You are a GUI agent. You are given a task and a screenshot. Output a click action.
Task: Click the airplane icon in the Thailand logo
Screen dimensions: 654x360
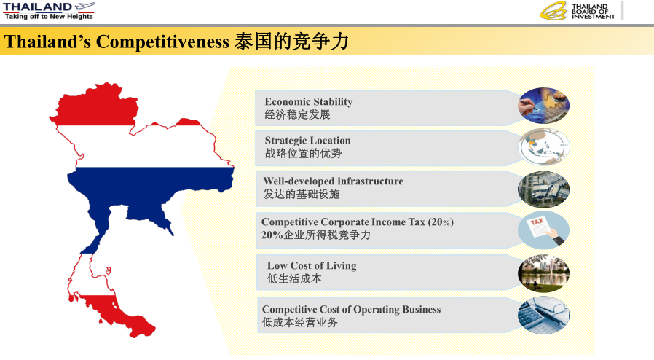(x=85, y=7)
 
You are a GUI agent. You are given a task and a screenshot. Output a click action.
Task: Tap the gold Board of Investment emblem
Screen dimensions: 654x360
(x=553, y=11)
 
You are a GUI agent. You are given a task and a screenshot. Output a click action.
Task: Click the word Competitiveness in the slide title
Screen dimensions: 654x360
(x=162, y=42)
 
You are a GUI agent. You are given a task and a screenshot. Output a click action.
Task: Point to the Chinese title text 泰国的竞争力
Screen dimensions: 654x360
(x=291, y=41)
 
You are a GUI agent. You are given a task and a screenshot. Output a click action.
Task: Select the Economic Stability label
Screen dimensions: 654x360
(x=309, y=102)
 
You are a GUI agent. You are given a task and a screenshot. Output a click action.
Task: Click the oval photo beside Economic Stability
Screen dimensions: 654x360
(x=543, y=106)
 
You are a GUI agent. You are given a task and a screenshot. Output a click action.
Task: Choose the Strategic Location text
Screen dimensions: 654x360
(x=307, y=141)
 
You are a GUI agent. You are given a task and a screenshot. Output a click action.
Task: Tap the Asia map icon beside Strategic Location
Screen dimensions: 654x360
(x=543, y=146)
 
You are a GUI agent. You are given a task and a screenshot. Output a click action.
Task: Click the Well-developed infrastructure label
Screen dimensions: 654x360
(x=333, y=181)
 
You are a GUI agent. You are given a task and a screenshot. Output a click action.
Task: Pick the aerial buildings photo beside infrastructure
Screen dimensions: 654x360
(x=543, y=189)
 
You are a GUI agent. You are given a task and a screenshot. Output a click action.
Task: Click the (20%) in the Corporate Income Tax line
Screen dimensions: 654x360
(x=441, y=222)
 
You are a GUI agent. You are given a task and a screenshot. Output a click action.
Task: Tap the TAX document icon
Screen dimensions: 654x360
(x=543, y=230)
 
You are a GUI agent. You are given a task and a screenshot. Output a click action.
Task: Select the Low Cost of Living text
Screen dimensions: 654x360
(x=312, y=266)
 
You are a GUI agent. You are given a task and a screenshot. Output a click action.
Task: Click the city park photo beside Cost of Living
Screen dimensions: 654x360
(x=543, y=274)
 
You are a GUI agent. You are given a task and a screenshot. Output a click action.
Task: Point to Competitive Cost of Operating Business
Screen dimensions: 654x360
(x=351, y=310)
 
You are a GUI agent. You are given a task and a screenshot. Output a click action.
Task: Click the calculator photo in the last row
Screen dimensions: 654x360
(x=543, y=316)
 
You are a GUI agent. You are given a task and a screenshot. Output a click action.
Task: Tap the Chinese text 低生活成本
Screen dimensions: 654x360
(x=294, y=278)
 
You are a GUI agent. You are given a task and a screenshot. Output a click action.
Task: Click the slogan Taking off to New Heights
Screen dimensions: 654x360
(x=49, y=16)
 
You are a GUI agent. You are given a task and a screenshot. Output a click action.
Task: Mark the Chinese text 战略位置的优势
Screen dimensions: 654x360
(x=303, y=154)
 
